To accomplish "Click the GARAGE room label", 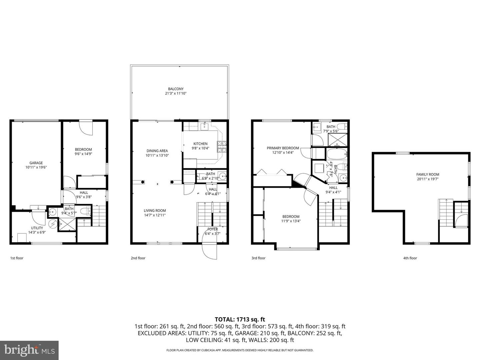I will point(36,163).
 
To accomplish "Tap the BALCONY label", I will point(176,89).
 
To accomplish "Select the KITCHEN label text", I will point(200,144).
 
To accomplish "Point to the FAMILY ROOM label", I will point(428,174).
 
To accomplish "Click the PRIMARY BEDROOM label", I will point(283,148).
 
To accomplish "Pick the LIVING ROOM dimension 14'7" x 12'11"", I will point(155,215).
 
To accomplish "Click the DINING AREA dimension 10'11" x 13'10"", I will point(157,155).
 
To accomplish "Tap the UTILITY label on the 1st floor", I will point(37,228).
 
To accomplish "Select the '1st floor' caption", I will point(17,258).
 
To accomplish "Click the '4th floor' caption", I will point(410,258).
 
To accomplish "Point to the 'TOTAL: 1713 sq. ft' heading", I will point(240,319).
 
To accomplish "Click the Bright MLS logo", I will point(29,350).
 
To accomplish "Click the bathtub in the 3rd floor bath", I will point(337,154).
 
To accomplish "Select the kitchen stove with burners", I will point(222,146).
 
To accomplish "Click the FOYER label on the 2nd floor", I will point(213,229).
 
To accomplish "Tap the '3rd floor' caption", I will point(258,258).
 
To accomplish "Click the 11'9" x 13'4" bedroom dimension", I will point(291,221).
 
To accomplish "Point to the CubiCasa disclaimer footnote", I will point(240,350).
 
